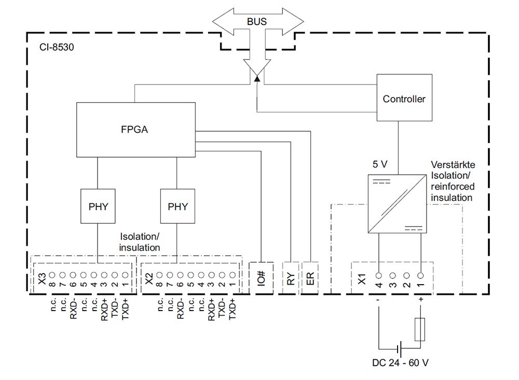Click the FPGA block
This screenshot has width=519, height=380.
[x=135, y=130]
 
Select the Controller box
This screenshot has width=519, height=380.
[x=404, y=97]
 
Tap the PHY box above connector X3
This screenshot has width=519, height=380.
[x=98, y=206]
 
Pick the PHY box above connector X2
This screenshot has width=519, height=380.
[x=177, y=206]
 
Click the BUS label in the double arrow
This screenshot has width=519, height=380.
[x=256, y=21]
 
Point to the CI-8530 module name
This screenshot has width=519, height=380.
[x=57, y=47]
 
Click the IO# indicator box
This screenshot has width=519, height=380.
[x=261, y=278]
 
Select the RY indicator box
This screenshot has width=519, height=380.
[x=291, y=278]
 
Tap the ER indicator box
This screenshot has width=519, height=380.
[x=310, y=278]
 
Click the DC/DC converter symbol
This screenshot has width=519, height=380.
[x=397, y=204]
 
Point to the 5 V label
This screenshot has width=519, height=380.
[x=380, y=164]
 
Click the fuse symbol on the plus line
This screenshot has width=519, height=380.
[x=420, y=329]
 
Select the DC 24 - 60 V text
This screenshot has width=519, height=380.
[x=400, y=363]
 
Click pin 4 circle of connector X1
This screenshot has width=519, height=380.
[x=379, y=275]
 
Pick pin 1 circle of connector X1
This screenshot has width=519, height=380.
[x=420, y=275]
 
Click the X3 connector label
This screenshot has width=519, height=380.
[x=42, y=279]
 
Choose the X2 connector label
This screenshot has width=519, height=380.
[x=149, y=279]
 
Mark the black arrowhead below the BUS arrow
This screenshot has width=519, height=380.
[x=257, y=78]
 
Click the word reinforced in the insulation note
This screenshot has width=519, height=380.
[x=453, y=187]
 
